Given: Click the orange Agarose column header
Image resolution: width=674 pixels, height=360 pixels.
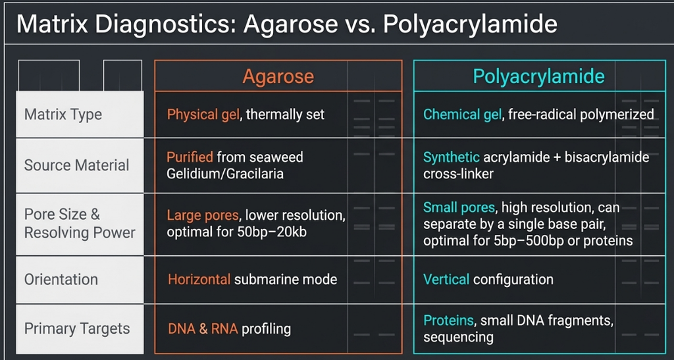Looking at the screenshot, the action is pos(278,76).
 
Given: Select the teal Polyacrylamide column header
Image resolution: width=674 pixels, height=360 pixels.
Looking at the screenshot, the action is pos(538,76).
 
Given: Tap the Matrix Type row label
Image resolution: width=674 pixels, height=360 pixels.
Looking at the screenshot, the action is pos(63,115).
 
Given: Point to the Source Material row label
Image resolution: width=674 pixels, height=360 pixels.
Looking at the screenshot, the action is pos(76,165).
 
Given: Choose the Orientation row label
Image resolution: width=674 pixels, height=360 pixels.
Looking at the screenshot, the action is pos(61,279).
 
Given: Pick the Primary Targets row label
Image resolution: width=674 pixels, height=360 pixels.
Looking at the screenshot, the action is pos(77,328).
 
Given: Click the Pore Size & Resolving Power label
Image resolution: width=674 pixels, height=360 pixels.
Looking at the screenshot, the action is pos(80,223).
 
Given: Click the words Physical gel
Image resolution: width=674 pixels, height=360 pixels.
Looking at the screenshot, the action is pos(203,115).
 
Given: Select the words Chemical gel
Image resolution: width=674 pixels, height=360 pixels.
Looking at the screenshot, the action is pos(462,115).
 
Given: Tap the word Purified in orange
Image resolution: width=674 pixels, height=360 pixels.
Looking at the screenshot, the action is pos(190,157).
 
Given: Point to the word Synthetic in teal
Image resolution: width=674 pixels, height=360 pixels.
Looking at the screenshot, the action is pos(452,157).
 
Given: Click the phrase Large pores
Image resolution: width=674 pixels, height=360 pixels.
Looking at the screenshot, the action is pos(203,215).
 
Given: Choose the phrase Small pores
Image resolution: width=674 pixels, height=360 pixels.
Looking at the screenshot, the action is pos(459,208).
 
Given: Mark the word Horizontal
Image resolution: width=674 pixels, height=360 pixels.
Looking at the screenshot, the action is pos(199,279).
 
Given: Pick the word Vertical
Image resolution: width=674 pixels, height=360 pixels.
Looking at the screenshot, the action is pos(446,279).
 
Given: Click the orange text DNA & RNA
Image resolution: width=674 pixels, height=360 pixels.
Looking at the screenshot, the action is pos(203,329).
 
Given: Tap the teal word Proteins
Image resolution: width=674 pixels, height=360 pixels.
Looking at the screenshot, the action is pos(448,321).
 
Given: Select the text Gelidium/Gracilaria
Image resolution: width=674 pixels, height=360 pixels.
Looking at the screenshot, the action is pos(225,174).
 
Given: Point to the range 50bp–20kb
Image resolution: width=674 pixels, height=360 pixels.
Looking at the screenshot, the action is pos(272,232).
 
